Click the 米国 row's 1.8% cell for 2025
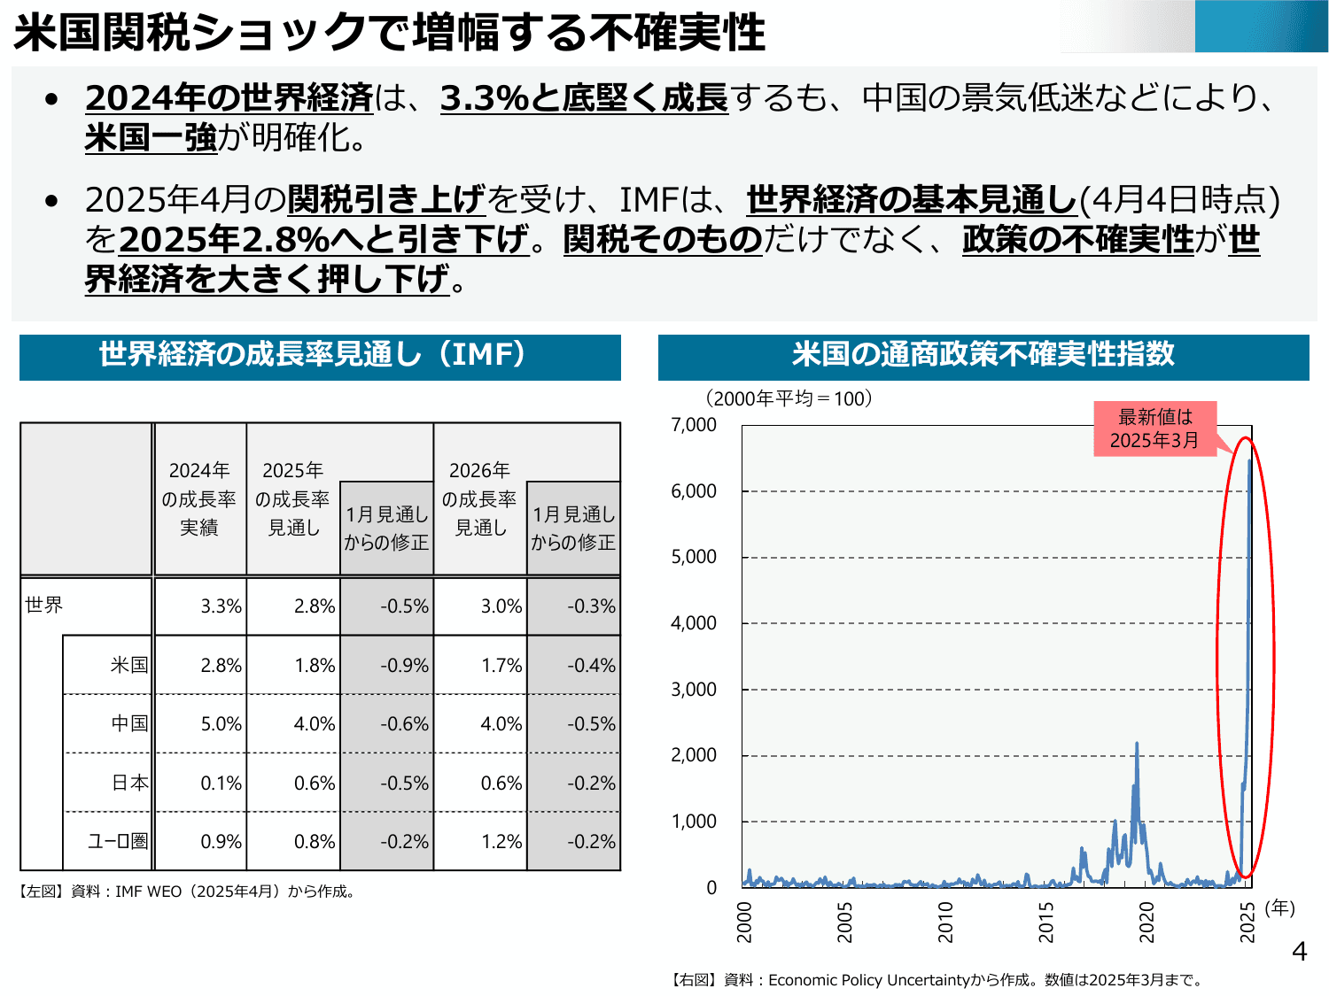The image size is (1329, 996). [x=315, y=665]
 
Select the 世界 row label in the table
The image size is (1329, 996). [x=44, y=605]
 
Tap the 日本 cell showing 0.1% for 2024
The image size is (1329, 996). [x=221, y=783]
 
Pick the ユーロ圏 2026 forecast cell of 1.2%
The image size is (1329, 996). [x=501, y=841]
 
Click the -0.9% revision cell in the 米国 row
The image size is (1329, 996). [x=404, y=665]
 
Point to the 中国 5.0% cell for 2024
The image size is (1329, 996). [x=221, y=723]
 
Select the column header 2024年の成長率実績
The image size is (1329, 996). [x=199, y=498]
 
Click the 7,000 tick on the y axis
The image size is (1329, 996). [x=694, y=425]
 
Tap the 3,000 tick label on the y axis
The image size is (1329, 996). [x=694, y=689]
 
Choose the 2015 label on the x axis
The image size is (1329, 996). [x=1046, y=922]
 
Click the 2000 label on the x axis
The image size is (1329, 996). [x=744, y=922]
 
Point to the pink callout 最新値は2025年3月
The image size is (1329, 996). [x=1154, y=429]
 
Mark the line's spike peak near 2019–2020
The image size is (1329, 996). [x=1137, y=744]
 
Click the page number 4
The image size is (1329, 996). [x=1299, y=952]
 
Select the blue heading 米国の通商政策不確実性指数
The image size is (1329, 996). [x=983, y=354]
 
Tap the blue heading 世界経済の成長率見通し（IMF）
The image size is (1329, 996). [x=319, y=354]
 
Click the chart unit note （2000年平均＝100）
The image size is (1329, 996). [x=789, y=398]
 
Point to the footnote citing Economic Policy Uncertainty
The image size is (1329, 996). [x=937, y=979]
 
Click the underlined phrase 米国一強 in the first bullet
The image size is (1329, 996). [x=151, y=138]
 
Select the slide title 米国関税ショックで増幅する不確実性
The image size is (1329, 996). [x=389, y=32]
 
